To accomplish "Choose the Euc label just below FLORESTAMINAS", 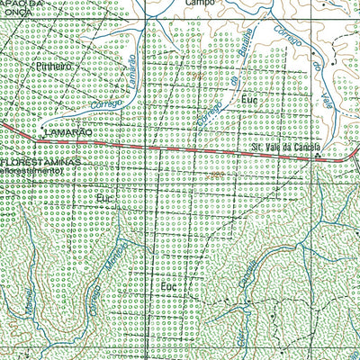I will [105, 195].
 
